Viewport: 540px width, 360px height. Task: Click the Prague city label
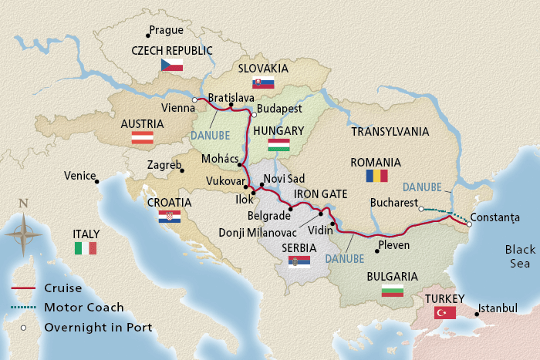tap(167, 31)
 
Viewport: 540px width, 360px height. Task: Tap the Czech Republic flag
tap(171, 66)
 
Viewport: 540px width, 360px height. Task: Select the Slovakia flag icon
tap(264, 83)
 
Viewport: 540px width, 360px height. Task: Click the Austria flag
tap(142, 138)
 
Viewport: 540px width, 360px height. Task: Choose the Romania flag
tap(376, 176)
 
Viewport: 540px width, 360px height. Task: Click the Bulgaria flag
tap(393, 291)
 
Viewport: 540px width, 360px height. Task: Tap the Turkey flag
tap(444, 312)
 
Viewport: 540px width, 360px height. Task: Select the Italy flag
tap(86, 247)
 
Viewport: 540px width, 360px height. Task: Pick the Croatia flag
tap(169, 217)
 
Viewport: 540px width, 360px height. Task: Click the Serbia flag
tap(299, 262)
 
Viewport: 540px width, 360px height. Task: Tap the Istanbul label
tap(498, 308)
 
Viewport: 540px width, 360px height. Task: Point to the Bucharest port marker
tap(420, 208)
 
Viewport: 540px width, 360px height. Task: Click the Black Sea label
tap(518, 257)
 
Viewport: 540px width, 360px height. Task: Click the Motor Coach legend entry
tap(84, 307)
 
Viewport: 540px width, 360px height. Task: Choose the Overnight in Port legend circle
tap(24, 327)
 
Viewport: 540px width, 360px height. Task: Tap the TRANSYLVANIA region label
tap(390, 132)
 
